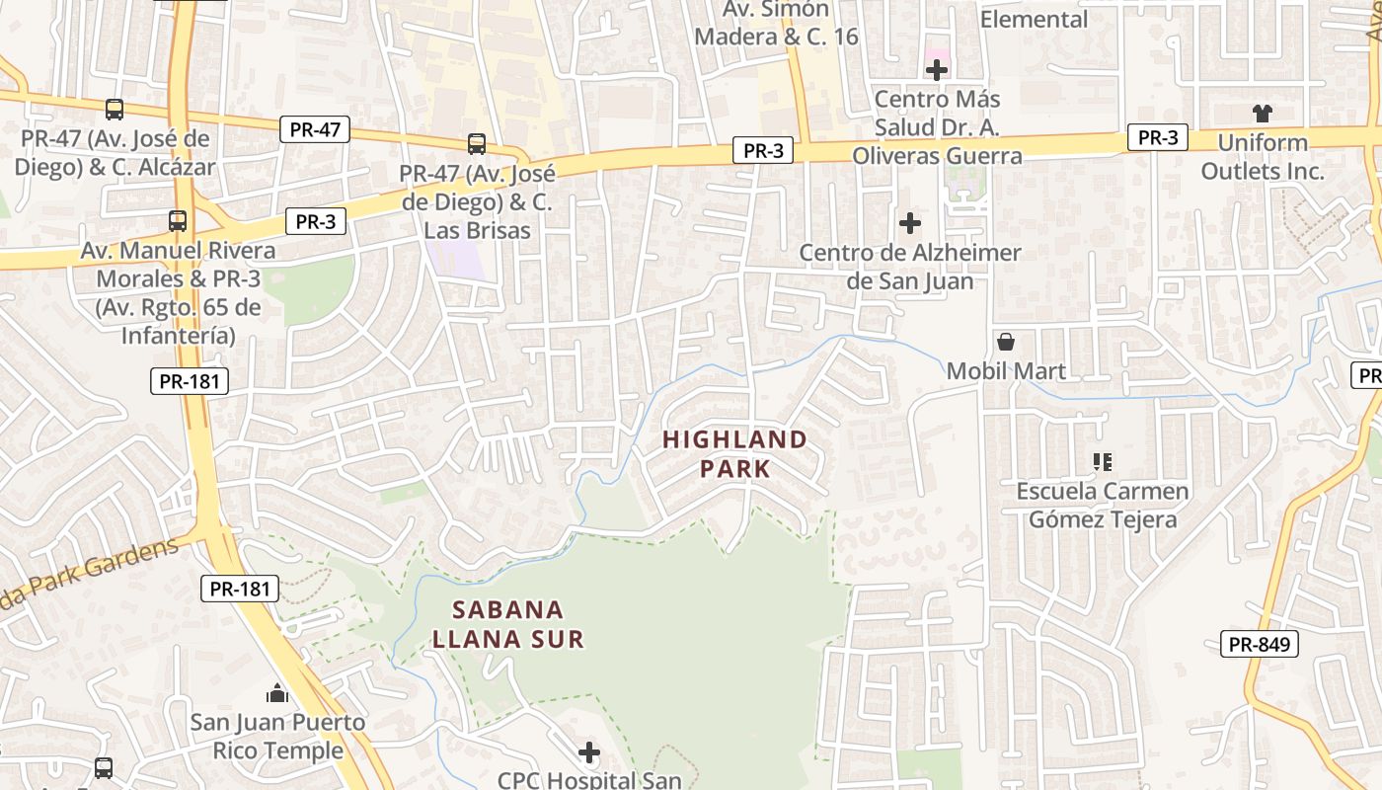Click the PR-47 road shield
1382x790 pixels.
tap(316, 128)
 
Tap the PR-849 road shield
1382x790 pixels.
tap(1259, 645)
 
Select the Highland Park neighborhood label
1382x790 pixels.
tap(735, 453)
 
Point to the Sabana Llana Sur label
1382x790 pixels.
tap(508, 624)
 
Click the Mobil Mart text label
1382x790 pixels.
tap(1006, 371)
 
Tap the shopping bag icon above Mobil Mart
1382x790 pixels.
tap(1006, 343)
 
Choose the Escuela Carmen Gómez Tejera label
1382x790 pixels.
tap(1103, 506)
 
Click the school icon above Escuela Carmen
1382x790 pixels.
tap(1103, 461)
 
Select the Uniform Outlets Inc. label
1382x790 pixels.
tap(1263, 157)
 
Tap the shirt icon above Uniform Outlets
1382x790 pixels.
tap(1263, 114)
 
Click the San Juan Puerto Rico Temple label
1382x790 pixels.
tap(277, 736)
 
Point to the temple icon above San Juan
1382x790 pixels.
tap(277, 693)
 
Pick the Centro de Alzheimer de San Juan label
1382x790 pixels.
tap(910, 267)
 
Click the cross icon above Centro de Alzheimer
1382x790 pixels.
tap(910, 223)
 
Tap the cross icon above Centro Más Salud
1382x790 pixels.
tap(937, 70)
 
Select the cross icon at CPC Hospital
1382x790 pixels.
tap(589, 753)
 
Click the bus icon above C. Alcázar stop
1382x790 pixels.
tap(115, 110)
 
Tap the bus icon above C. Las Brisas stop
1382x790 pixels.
tap(477, 144)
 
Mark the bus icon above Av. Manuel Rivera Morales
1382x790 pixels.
tap(178, 221)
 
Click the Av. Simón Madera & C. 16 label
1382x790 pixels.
tap(776, 24)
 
